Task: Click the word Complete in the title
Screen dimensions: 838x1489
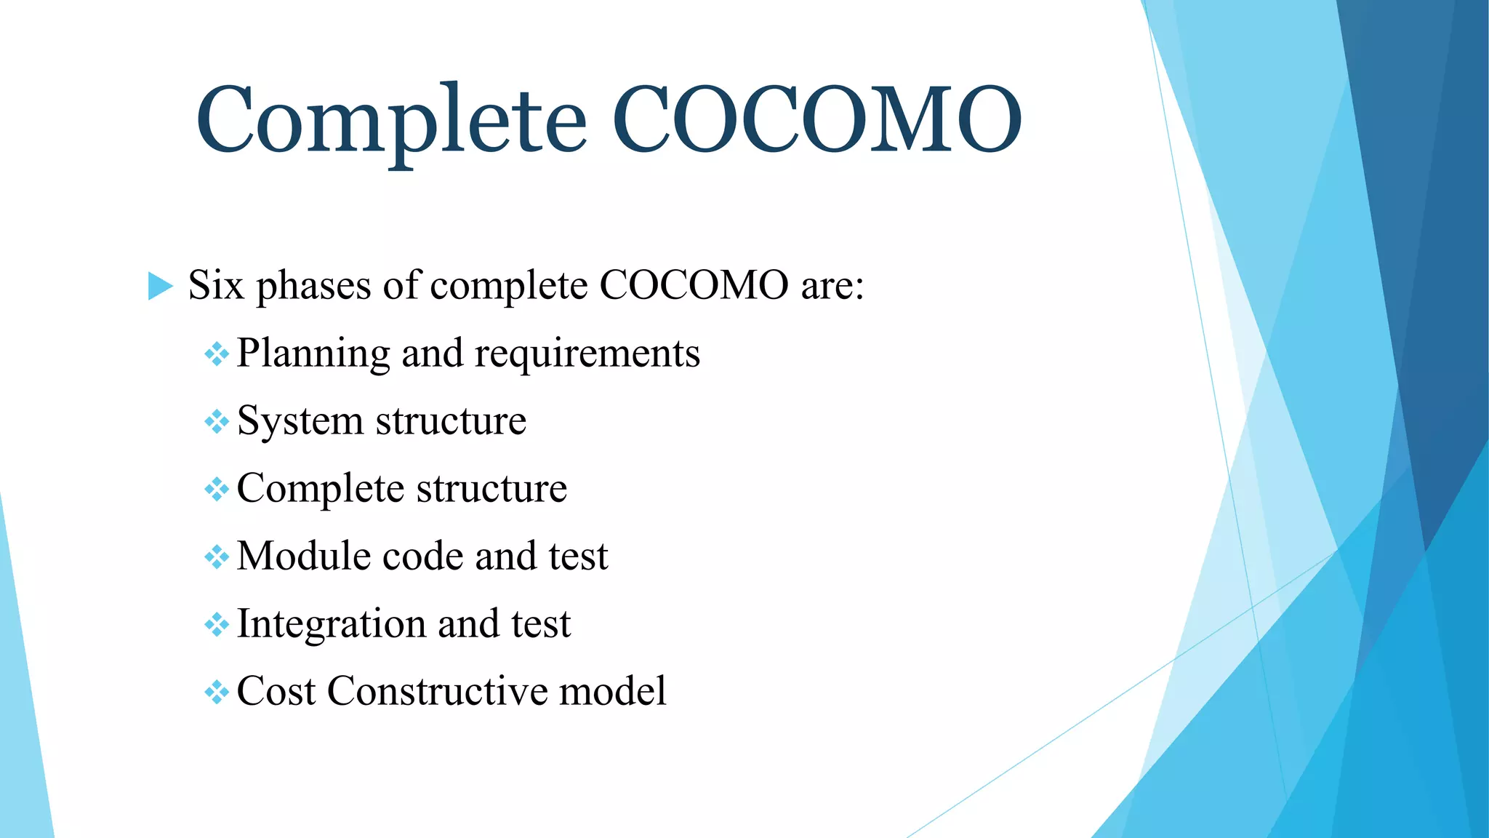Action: [x=391, y=120]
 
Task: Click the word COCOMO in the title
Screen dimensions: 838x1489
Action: [x=817, y=120]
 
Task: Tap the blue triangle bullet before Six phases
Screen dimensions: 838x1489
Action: [x=160, y=285]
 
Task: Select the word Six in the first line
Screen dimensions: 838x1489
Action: [x=216, y=285]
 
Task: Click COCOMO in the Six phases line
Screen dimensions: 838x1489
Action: [x=694, y=285]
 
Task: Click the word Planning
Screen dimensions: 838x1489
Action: [x=313, y=354]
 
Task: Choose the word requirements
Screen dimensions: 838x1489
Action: [x=587, y=354]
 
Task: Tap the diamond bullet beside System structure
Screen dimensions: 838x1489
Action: [x=217, y=421]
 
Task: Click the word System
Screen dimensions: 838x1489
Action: [x=300, y=422]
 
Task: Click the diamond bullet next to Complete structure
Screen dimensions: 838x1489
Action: [x=217, y=489]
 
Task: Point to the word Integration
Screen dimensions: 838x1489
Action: [x=332, y=625]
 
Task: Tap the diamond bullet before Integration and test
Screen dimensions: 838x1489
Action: [x=217, y=624]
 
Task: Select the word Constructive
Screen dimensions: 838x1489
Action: [x=436, y=691]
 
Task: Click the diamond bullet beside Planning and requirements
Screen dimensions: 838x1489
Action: [x=217, y=354]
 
